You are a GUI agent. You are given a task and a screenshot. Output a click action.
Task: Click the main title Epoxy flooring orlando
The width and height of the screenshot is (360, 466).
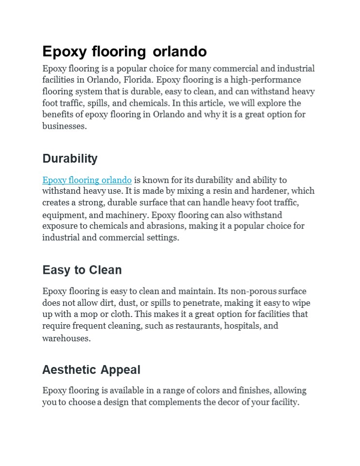(x=124, y=51)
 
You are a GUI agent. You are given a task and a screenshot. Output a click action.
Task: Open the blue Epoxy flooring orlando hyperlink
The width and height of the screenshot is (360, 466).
(x=87, y=180)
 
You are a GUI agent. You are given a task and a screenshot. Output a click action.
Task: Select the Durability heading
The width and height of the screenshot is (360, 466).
(x=70, y=159)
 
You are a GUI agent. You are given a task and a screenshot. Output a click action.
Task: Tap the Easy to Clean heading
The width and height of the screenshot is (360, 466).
(x=82, y=270)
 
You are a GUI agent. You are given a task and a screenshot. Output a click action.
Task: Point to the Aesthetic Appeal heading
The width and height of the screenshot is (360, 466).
(x=91, y=370)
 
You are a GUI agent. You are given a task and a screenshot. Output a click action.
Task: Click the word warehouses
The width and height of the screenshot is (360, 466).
(x=66, y=338)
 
